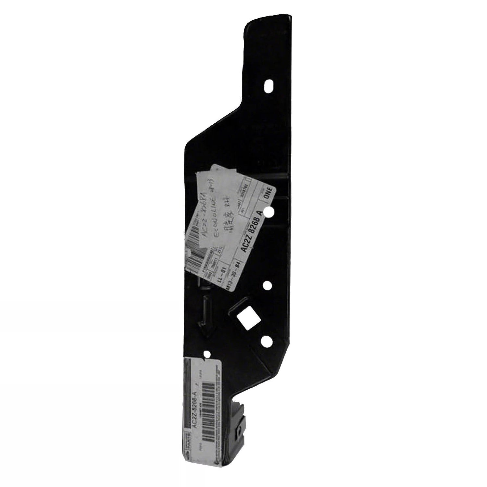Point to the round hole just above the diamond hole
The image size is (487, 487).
[x=267, y=286]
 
